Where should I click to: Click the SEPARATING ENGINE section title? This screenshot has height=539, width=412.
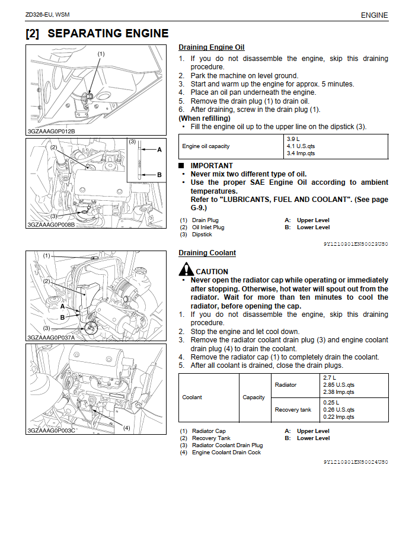pyautogui.click(x=97, y=34)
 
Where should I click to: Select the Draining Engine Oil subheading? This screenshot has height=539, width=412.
pyautogui.click(x=211, y=47)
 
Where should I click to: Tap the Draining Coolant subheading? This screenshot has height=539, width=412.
pyautogui.click(x=207, y=253)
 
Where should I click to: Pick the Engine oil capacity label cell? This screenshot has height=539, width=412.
pyautogui.click(x=206, y=146)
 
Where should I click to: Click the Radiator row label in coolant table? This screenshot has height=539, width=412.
pyautogui.click(x=286, y=385)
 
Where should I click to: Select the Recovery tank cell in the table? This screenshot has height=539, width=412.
pyautogui.click(x=293, y=410)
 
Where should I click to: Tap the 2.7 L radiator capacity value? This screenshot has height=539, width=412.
pyautogui.click(x=330, y=378)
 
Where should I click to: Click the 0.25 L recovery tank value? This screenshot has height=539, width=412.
pyautogui.click(x=331, y=403)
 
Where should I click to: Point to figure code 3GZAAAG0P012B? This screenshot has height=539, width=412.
pyautogui.click(x=51, y=131)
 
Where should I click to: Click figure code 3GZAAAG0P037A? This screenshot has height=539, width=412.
pyautogui.click(x=51, y=338)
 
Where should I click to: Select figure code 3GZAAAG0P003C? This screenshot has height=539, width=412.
pyautogui.click(x=51, y=431)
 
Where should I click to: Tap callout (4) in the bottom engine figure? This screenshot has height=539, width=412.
pyautogui.click(x=126, y=427)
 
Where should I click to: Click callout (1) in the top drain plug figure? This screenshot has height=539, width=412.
pyautogui.click(x=101, y=54)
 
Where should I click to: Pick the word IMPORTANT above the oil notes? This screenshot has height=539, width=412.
pyautogui.click(x=212, y=166)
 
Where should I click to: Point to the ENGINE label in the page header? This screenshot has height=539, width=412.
pyautogui.click(x=374, y=15)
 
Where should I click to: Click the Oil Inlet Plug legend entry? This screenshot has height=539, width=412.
pyautogui.click(x=208, y=227)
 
